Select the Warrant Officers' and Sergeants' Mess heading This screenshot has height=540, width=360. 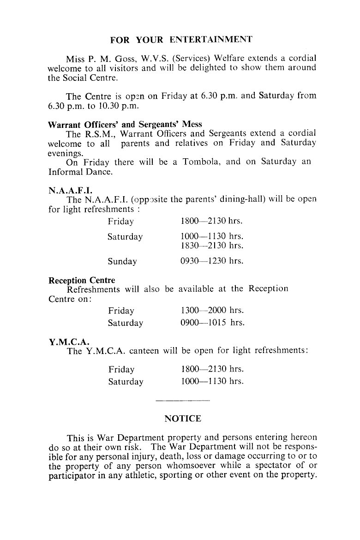tap(125, 125)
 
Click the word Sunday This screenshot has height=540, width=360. tap(122, 262)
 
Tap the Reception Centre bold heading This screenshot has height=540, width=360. tap(82, 280)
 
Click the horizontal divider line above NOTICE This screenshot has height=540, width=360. tap(183, 400)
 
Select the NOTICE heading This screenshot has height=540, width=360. tap(183, 419)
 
